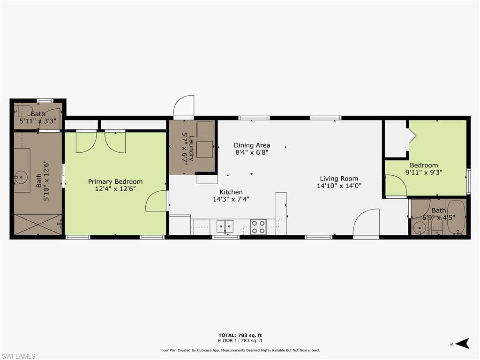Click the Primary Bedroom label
[x=115, y=181]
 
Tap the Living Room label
[x=339, y=179]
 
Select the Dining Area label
[x=252, y=145]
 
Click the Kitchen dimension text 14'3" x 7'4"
[x=231, y=199]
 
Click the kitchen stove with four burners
[x=258, y=227]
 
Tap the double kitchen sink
[x=225, y=226]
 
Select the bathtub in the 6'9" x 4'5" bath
[x=456, y=217]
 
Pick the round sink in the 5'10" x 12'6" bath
[x=21, y=177]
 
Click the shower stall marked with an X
[x=38, y=225]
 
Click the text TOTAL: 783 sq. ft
[x=240, y=335]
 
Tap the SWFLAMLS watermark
[x=18, y=356]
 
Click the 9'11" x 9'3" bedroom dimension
[x=424, y=172]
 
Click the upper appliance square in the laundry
[x=205, y=130]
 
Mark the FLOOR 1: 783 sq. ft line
[x=240, y=340]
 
